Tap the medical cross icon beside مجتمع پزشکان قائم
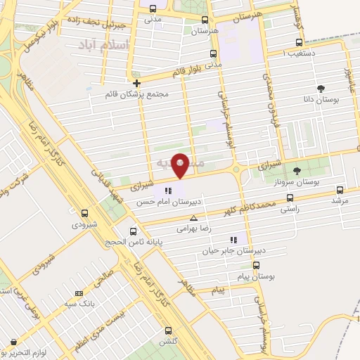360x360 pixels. tap(136, 83)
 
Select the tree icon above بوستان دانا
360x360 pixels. tap(321, 89)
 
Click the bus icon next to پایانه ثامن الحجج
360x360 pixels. tap(134, 231)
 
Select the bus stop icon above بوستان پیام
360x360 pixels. tap(256, 266)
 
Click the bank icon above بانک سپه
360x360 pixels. tap(78, 294)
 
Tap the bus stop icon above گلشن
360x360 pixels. tap(167, 330)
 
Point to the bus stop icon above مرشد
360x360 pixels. tap(340, 190)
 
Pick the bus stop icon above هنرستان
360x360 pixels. tap(205, 20)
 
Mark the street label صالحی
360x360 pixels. tap(107, 278)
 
